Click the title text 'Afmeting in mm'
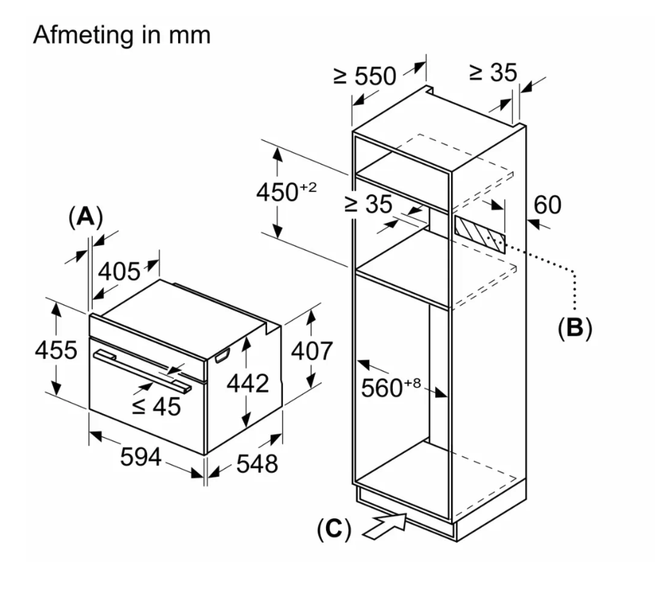(121, 35)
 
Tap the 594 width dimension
(141, 457)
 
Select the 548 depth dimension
(257, 464)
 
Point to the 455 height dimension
(56, 350)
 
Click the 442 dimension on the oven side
(248, 383)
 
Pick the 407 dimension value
(312, 351)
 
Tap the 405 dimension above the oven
(119, 272)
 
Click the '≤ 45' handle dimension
(157, 406)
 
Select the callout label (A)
(85, 218)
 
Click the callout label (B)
(575, 328)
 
